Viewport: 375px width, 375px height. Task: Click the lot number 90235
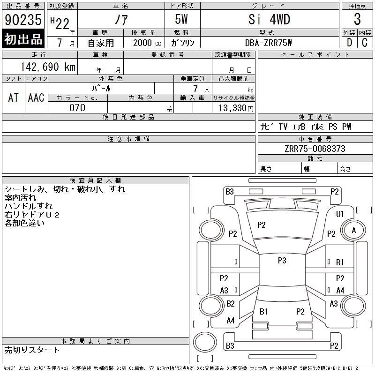22,20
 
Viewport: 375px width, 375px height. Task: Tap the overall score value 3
357,20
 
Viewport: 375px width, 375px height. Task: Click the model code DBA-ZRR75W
269,43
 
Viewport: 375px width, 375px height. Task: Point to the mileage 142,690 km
47,67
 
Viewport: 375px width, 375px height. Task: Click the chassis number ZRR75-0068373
315,149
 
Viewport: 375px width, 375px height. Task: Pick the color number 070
77,107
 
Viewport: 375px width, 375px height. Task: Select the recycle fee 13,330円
233,108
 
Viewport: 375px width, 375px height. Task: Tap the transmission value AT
14,97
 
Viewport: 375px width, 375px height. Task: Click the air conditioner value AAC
36,97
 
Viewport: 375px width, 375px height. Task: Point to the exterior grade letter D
349,43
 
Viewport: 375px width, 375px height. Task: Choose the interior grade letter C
365,43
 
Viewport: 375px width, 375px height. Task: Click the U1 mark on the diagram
340,214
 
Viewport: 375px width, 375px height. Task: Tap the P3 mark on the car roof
282,261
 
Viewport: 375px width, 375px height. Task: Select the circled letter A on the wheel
354,230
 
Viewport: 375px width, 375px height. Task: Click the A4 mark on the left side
231,321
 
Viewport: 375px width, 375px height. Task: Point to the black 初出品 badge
23,39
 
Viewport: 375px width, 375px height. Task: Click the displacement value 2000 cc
146,43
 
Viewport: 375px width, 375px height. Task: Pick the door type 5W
182,20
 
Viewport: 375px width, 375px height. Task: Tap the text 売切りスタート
32,350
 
